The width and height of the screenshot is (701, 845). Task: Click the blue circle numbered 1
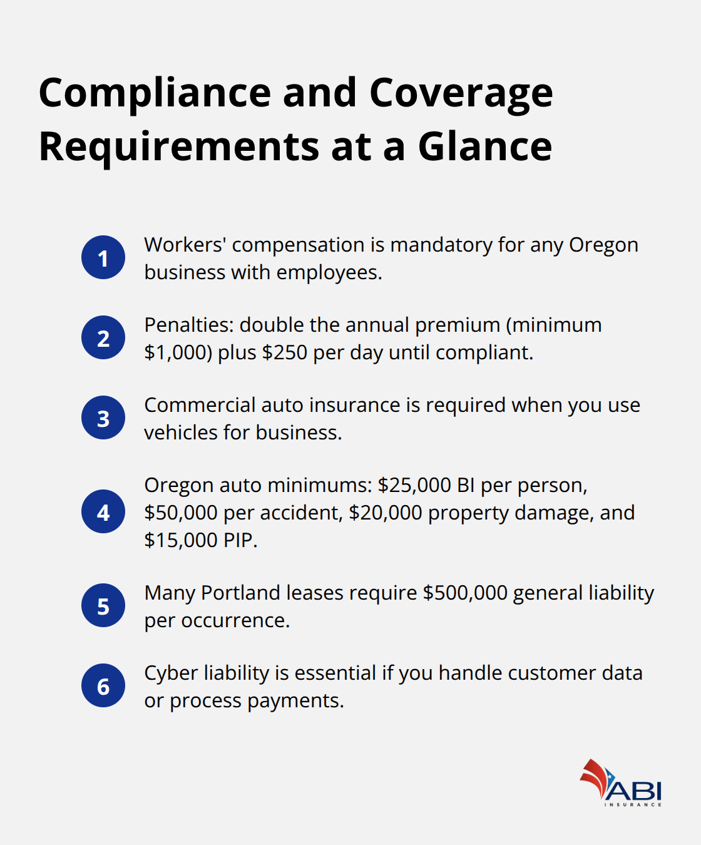pyautogui.click(x=103, y=257)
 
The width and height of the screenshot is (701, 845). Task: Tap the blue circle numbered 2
pyautogui.click(x=103, y=337)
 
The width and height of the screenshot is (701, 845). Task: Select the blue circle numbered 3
pyautogui.click(x=103, y=417)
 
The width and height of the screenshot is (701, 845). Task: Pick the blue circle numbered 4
pyautogui.click(x=103, y=511)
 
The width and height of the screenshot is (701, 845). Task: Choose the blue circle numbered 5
pyautogui.click(x=103, y=605)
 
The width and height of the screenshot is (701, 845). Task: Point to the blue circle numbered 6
pyautogui.click(x=103, y=685)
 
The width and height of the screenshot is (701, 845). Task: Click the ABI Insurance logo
pyautogui.click(x=621, y=783)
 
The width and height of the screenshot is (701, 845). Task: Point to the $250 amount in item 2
pyautogui.click(x=285, y=352)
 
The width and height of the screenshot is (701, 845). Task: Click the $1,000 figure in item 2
pyautogui.click(x=178, y=352)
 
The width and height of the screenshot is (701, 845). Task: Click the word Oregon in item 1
pyautogui.click(x=603, y=245)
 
